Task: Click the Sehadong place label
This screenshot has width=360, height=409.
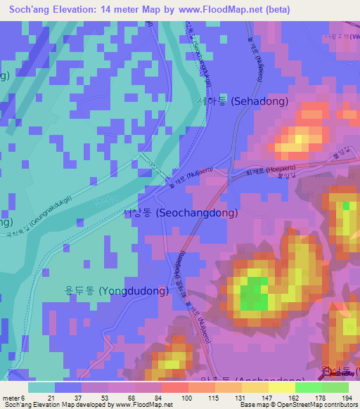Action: click(x=243, y=101)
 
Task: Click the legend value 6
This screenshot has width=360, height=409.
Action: click(x=23, y=398)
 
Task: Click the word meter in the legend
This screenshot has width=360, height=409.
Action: click(x=11, y=398)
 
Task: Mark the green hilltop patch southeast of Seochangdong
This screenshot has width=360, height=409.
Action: click(x=253, y=294)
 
